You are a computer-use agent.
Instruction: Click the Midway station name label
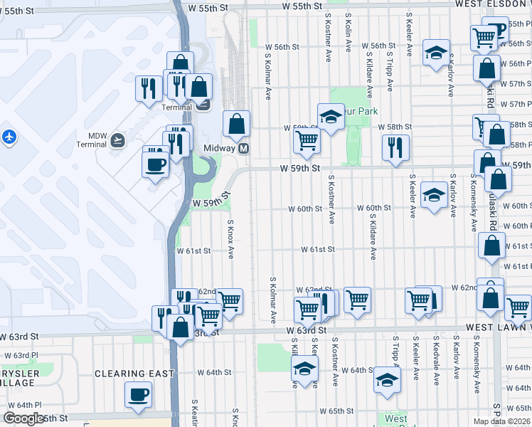(x=218, y=148)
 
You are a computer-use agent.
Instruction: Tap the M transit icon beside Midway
(x=243, y=148)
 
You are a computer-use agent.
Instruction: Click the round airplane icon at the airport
(x=9, y=136)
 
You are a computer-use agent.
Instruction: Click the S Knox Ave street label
(x=230, y=239)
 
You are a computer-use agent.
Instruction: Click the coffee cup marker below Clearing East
(x=138, y=394)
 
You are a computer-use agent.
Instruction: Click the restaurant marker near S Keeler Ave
(x=395, y=147)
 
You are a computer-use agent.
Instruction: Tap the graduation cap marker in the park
(x=331, y=117)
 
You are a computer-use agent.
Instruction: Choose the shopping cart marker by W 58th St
(x=307, y=140)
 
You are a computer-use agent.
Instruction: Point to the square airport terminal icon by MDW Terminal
(x=118, y=139)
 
